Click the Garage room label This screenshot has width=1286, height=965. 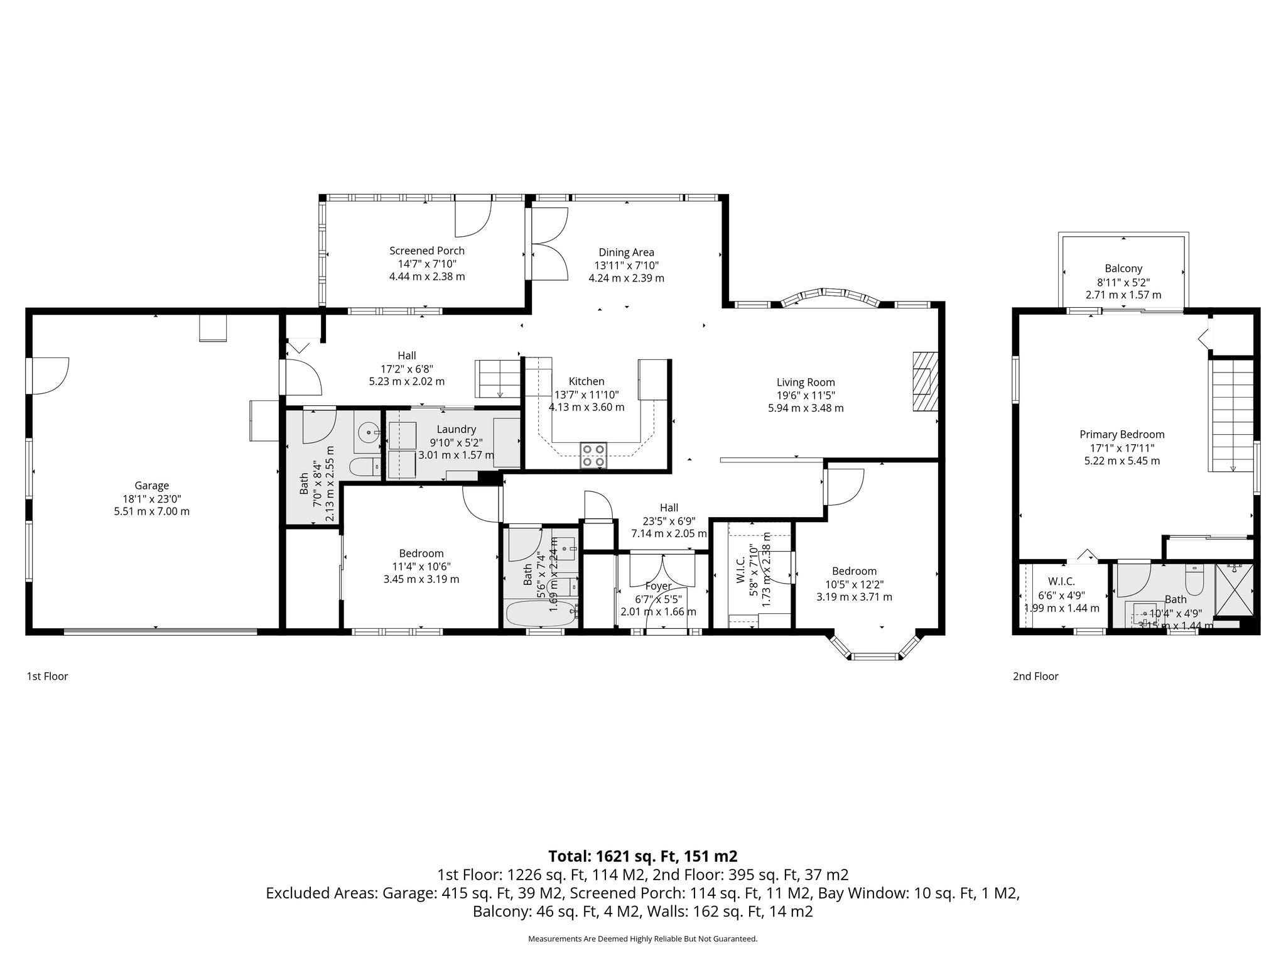tap(151, 486)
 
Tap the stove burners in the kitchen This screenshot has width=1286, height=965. tap(593, 455)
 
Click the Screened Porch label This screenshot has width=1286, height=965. tap(426, 251)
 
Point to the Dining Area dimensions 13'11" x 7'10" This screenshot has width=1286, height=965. tap(626, 266)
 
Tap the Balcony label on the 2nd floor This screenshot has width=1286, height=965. tap(1123, 268)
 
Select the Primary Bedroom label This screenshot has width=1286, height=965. tap(1121, 434)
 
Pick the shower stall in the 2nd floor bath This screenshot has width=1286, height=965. tap(1233, 591)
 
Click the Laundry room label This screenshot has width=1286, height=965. tap(456, 429)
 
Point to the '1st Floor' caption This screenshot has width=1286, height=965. tap(47, 677)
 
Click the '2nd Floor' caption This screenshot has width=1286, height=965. tap(1035, 677)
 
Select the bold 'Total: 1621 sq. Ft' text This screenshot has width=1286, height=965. tap(642, 856)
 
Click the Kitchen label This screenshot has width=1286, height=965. tap(586, 381)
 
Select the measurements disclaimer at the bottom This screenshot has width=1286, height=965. tap(642, 939)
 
